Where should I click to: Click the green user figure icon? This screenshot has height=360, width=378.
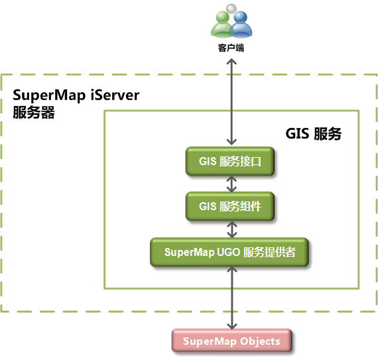(x=221, y=25)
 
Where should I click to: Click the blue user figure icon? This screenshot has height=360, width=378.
(x=241, y=25)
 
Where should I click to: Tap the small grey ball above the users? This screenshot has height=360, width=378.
(x=231, y=9)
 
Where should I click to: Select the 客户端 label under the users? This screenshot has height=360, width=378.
(x=231, y=48)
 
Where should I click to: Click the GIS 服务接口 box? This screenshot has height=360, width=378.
(x=230, y=161)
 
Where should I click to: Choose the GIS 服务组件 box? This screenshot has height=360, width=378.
(x=230, y=206)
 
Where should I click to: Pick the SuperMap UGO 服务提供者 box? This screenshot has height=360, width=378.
(x=229, y=252)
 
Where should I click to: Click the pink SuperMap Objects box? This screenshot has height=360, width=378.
(x=232, y=341)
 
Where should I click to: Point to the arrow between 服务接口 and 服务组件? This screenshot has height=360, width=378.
(x=231, y=184)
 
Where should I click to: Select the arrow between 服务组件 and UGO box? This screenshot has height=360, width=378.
(x=231, y=229)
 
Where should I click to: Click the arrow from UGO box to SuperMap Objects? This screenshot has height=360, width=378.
(x=231, y=298)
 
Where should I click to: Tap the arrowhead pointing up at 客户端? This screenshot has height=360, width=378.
(x=231, y=61)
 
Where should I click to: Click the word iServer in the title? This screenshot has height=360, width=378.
(x=115, y=95)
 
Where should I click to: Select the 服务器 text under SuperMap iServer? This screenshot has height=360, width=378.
(x=34, y=112)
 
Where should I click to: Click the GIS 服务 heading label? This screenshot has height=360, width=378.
(x=314, y=133)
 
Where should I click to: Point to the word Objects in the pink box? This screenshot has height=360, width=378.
(x=260, y=341)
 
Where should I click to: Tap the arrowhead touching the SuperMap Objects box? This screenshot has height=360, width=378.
(x=231, y=326)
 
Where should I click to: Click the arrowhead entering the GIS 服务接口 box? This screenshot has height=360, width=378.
(x=231, y=142)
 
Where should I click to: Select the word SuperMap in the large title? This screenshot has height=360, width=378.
(x=49, y=95)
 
